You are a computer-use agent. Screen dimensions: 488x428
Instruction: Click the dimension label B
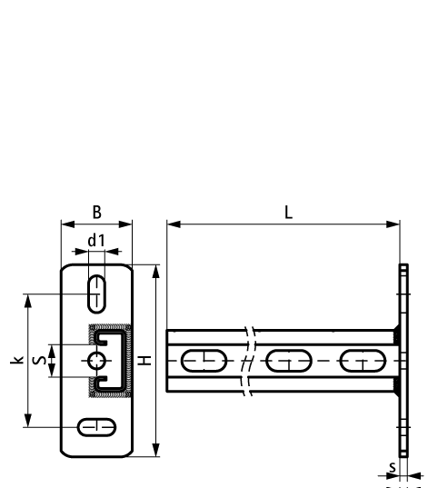[96, 212]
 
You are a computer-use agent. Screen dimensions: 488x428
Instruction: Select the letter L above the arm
[287, 211]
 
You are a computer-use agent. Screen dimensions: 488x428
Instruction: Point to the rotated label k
[15, 361]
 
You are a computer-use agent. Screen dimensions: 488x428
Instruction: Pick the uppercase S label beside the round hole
[38, 361]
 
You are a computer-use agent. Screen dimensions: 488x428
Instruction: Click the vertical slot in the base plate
[96, 294]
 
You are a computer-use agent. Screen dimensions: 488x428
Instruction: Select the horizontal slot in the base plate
[96, 425]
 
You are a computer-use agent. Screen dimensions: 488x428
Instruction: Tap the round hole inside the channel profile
[97, 362]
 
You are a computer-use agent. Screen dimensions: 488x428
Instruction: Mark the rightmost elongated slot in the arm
[362, 361]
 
